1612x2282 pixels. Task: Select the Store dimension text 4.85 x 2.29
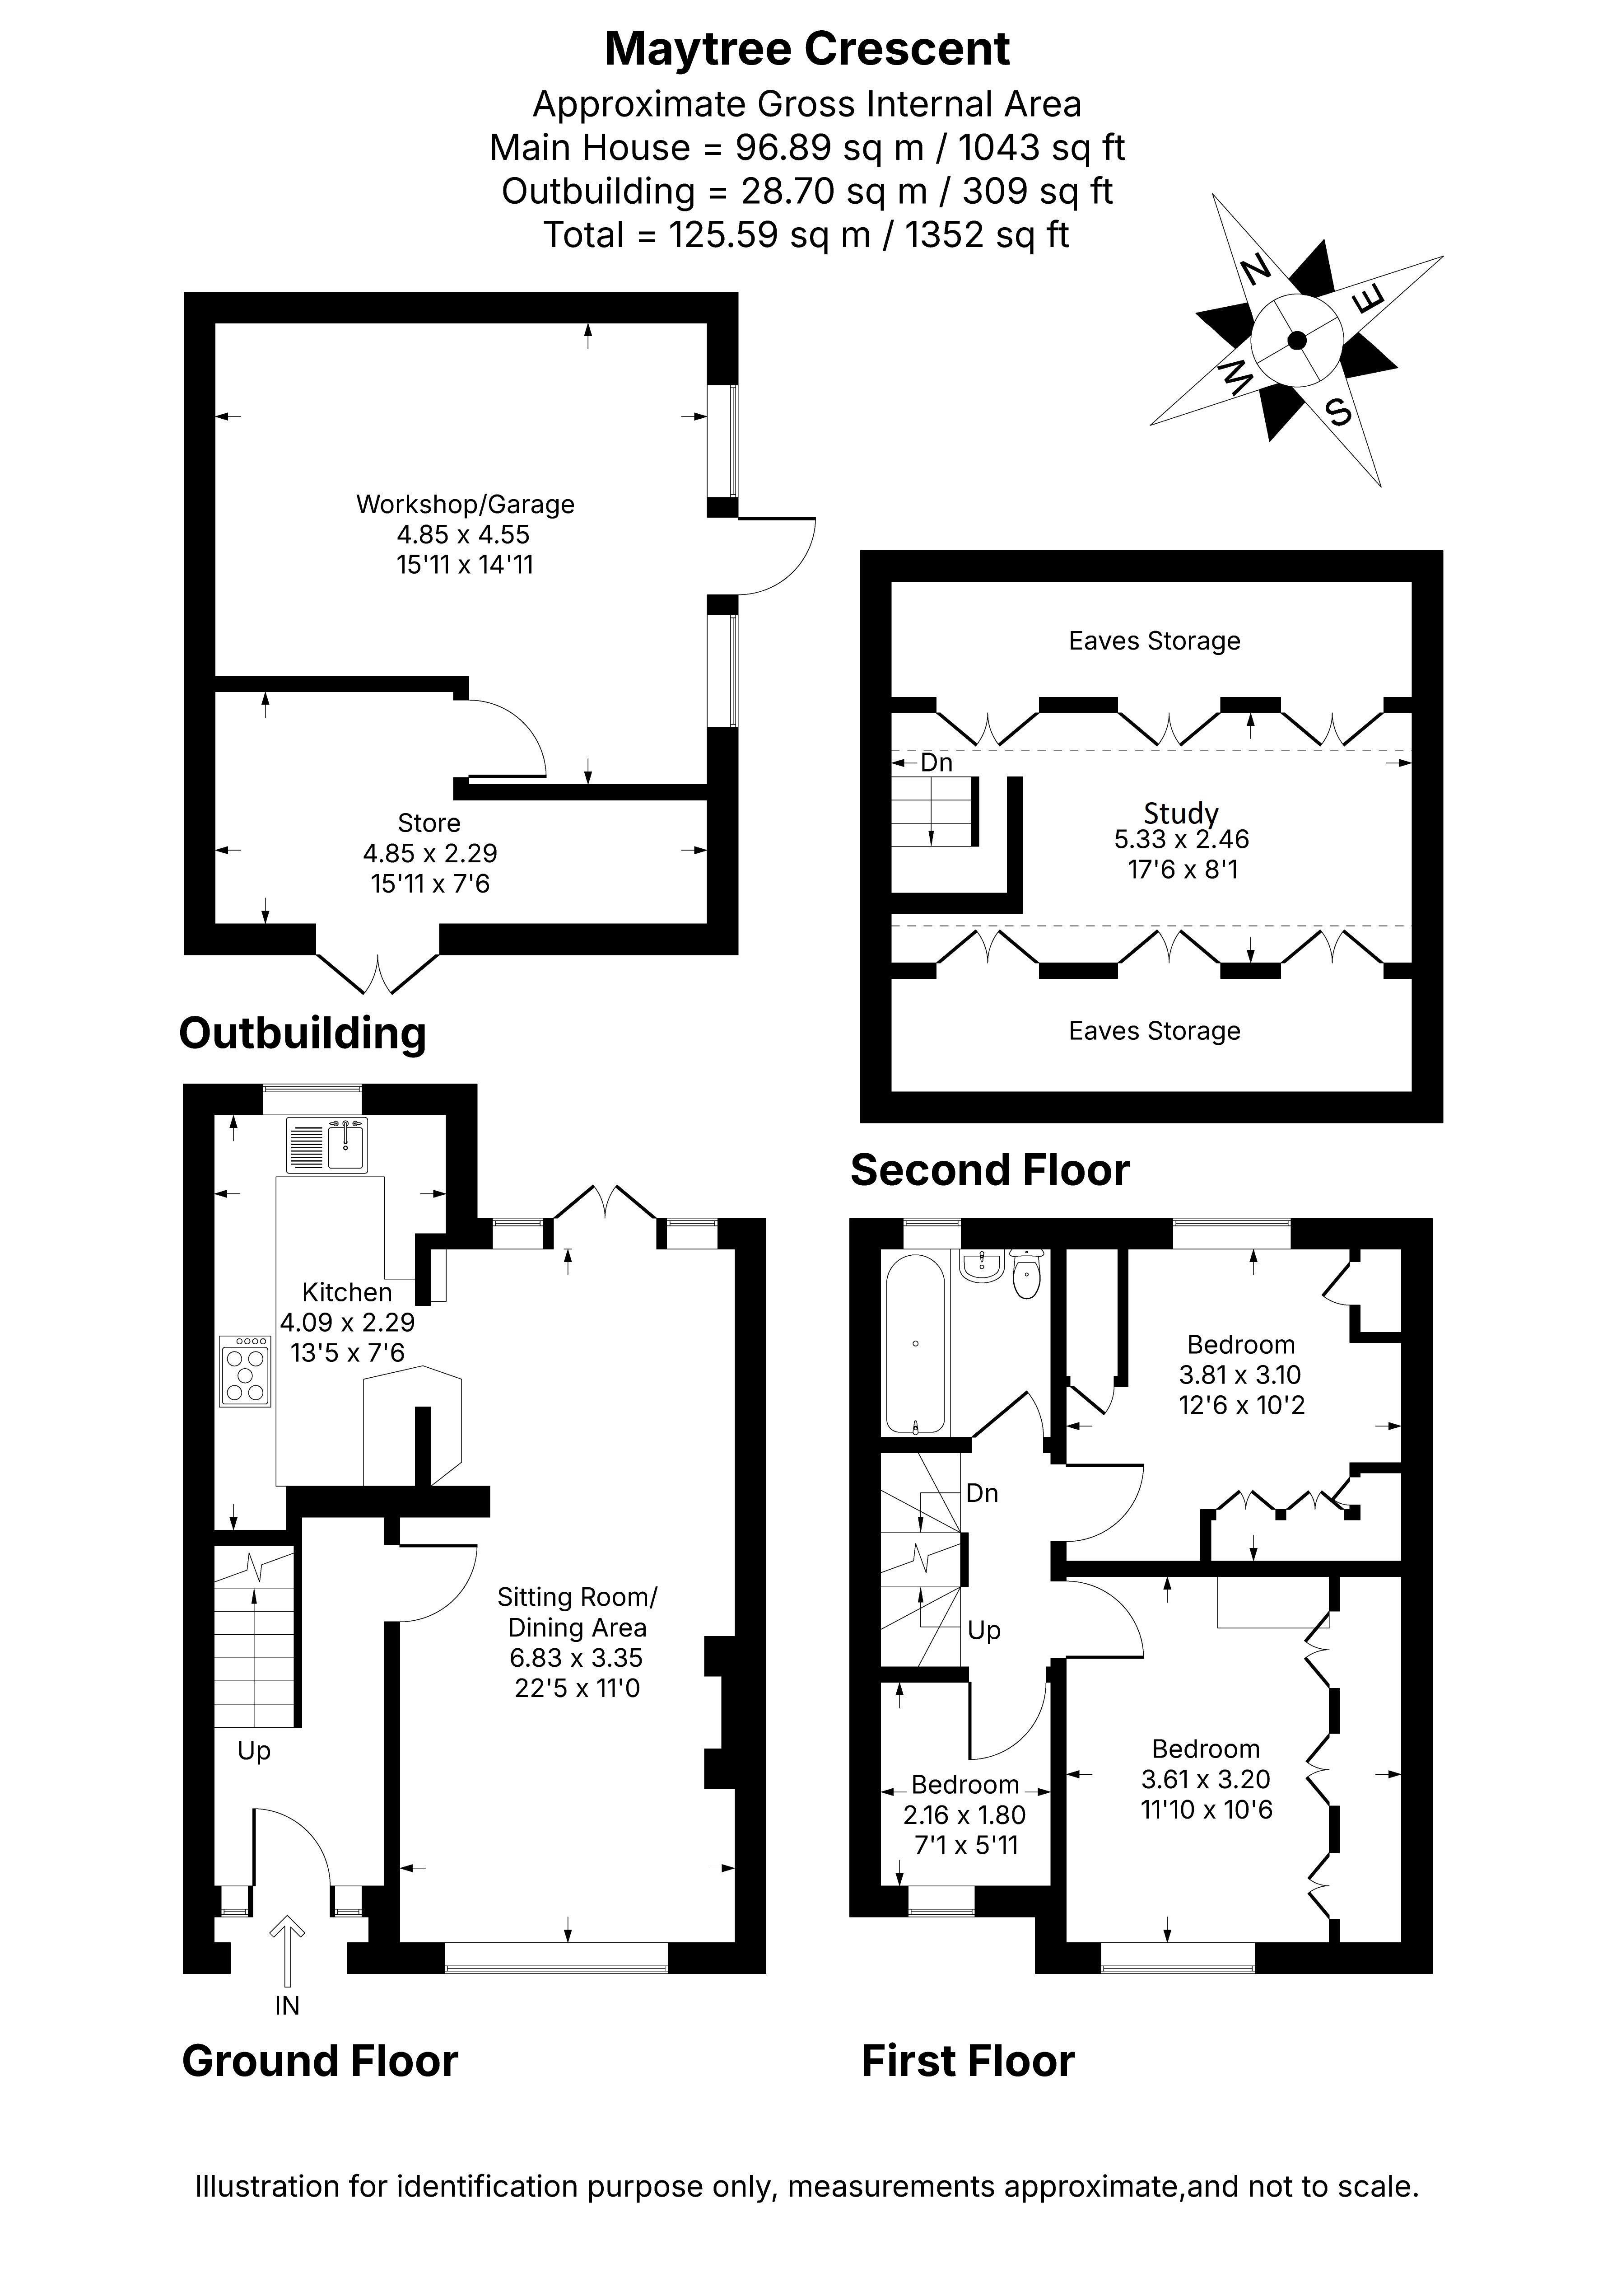[430, 853]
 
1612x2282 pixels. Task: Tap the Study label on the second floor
[1181, 813]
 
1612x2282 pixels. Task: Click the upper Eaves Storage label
[1154, 641]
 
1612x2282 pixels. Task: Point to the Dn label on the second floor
[936, 762]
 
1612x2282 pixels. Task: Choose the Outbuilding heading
[302, 1033]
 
